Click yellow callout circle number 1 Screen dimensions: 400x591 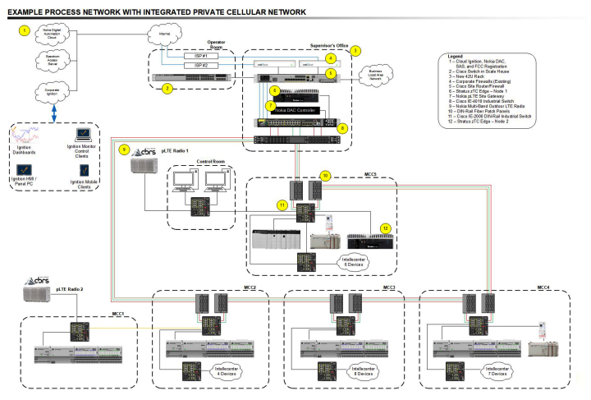coord(25,30)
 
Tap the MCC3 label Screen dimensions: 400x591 coord(389,287)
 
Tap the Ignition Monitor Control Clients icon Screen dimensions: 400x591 coord(84,132)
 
